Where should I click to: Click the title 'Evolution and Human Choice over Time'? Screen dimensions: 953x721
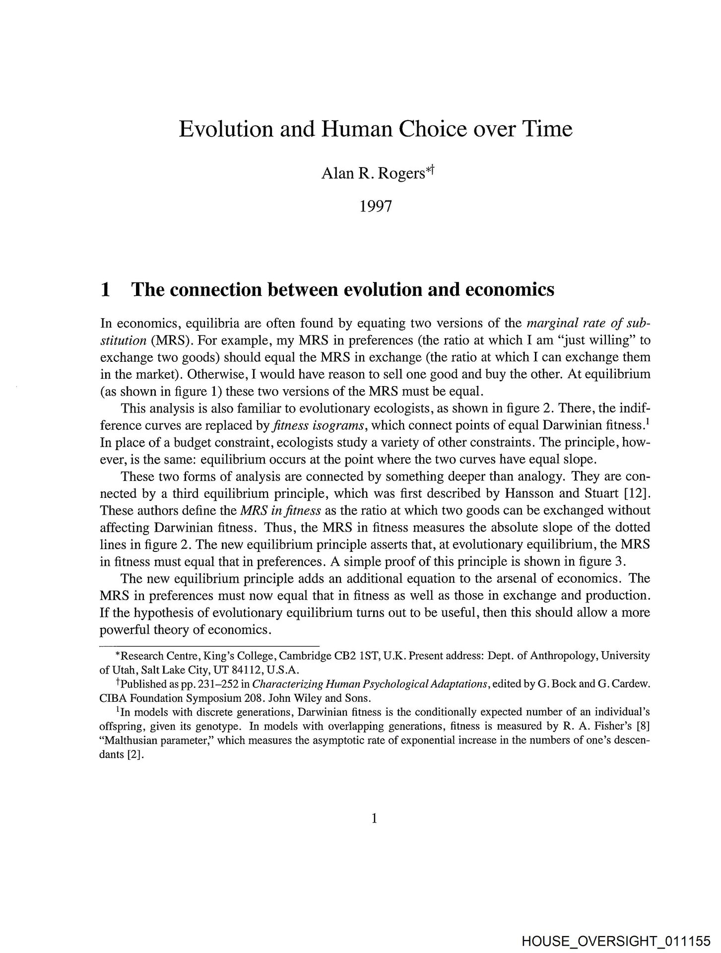point(375,129)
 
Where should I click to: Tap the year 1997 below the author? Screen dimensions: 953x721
point(375,205)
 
